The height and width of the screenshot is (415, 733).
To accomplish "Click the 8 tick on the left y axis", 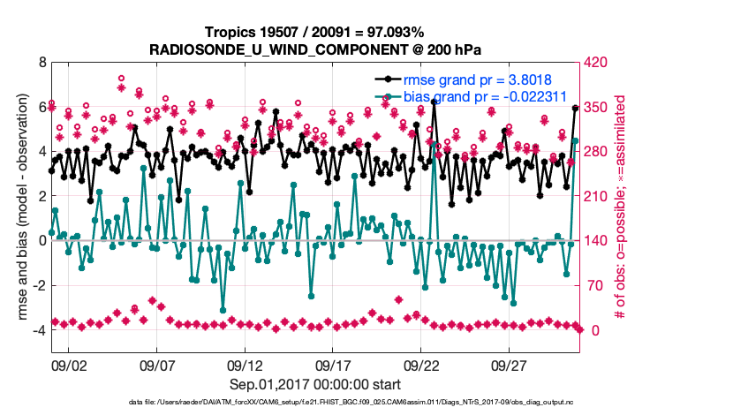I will [41, 63].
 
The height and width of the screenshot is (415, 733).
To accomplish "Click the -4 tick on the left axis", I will [38, 330].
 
